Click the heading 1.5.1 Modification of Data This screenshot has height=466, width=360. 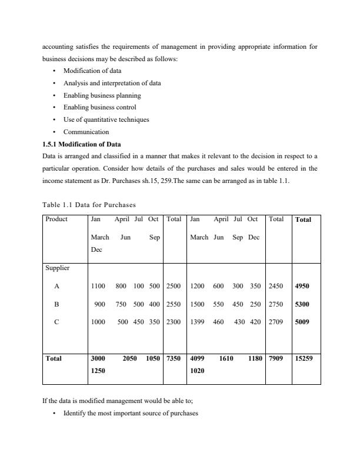coord(82,144)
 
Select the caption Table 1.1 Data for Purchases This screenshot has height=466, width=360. coord(89,205)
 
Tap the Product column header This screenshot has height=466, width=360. coord(57,219)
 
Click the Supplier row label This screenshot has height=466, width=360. coord(57,268)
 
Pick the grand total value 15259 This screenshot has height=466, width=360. coord(305,357)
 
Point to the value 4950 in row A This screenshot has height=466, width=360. coord(302,287)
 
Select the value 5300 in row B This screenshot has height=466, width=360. coord(302,304)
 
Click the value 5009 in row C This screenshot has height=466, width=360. coord(302,322)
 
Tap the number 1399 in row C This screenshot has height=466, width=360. coord(198,322)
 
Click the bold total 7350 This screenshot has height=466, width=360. coord(174,357)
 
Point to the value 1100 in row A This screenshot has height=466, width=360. coord(98,287)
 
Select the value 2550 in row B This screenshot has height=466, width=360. coord(174,304)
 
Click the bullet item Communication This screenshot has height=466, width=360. coord(86,132)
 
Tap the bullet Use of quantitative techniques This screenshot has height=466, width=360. coord(106,119)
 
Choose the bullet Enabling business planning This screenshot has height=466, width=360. coord(102,95)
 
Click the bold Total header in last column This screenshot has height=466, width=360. coord(304,219)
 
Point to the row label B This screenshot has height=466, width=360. coord(56,304)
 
